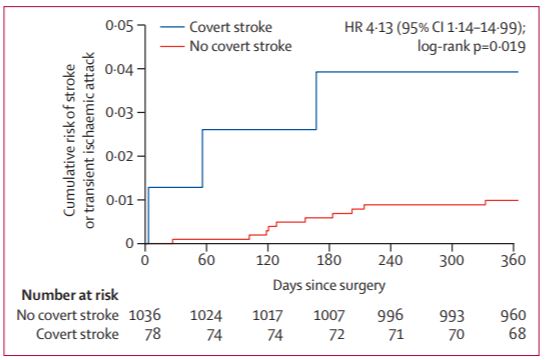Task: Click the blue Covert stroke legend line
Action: pyautogui.click(x=172, y=27)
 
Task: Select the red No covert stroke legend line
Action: pyautogui.click(x=172, y=46)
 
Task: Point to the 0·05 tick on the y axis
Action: pyautogui.click(x=141, y=25)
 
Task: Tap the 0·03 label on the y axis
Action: pyautogui.click(x=120, y=113)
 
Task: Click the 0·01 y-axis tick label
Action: pyautogui.click(x=120, y=200)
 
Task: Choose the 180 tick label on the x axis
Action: pyautogui.click(x=329, y=260)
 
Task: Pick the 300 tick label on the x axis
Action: pyautogui.click(x=452, y=260)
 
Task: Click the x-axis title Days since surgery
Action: pyautogui.click(x=329, y=286)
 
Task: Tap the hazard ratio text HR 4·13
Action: pyautogui.click(x=369, y=28)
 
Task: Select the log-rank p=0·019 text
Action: pyautogui.click(x=472, y=46)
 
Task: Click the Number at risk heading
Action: pyautogui.click(x=70, y=295)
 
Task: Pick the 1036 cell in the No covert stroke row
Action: pyautogui.click(x=145, y=315)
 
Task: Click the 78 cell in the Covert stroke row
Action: pyautogui.click(x=152, y=334)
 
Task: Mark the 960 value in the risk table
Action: pyautogui.click(x=513, y=315)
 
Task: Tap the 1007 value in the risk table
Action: pyautogui.click(x=329, y=315)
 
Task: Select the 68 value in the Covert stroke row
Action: pyautogui.click(x=518, y=334)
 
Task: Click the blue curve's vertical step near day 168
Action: pyautogui.click(x=316, y=101)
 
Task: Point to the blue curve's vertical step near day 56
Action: pyautogui.click(x=202, y=158)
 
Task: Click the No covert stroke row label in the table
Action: pyautogui.click(x=68, y=315)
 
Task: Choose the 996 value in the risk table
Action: pyautogui.click(x=391, y=315)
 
